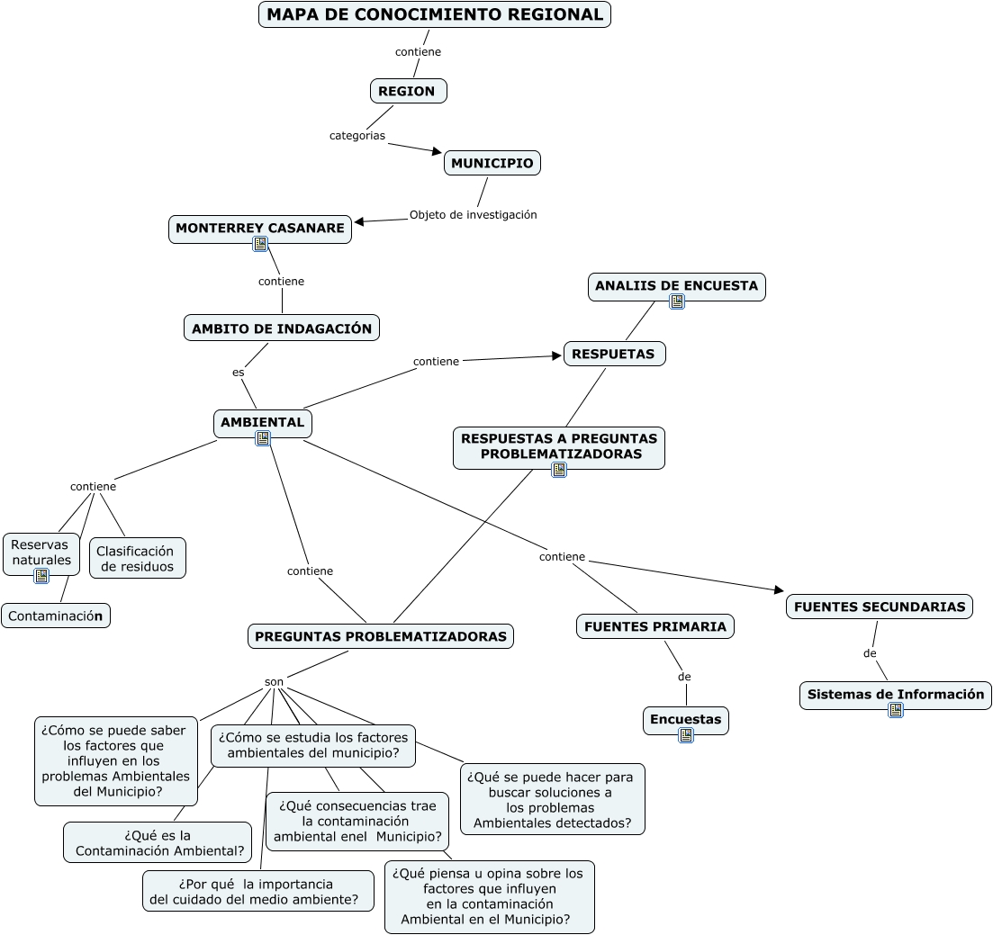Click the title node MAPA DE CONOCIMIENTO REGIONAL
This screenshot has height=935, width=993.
435,14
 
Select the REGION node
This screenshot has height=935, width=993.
408,91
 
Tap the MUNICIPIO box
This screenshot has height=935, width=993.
492,163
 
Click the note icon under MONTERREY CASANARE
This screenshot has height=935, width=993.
260,244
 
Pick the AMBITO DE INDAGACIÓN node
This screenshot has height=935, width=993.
281,328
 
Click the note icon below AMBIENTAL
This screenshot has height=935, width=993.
263,438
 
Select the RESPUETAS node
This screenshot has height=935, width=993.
614,354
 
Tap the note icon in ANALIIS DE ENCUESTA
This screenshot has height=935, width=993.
677,301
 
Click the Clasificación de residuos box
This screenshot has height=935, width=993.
137,558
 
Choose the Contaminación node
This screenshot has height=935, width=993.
56,616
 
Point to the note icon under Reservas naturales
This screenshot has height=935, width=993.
41,576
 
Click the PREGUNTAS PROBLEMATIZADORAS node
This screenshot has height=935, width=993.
381,636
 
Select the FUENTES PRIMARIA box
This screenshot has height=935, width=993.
654,626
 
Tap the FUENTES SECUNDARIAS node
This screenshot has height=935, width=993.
879,607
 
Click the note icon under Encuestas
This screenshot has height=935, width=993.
686,735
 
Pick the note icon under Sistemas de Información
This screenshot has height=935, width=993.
895,710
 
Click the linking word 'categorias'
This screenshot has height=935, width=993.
357,136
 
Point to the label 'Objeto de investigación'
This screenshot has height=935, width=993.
473,215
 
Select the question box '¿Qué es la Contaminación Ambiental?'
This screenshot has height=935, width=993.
158,842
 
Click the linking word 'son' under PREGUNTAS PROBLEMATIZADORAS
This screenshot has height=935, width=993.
275,682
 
